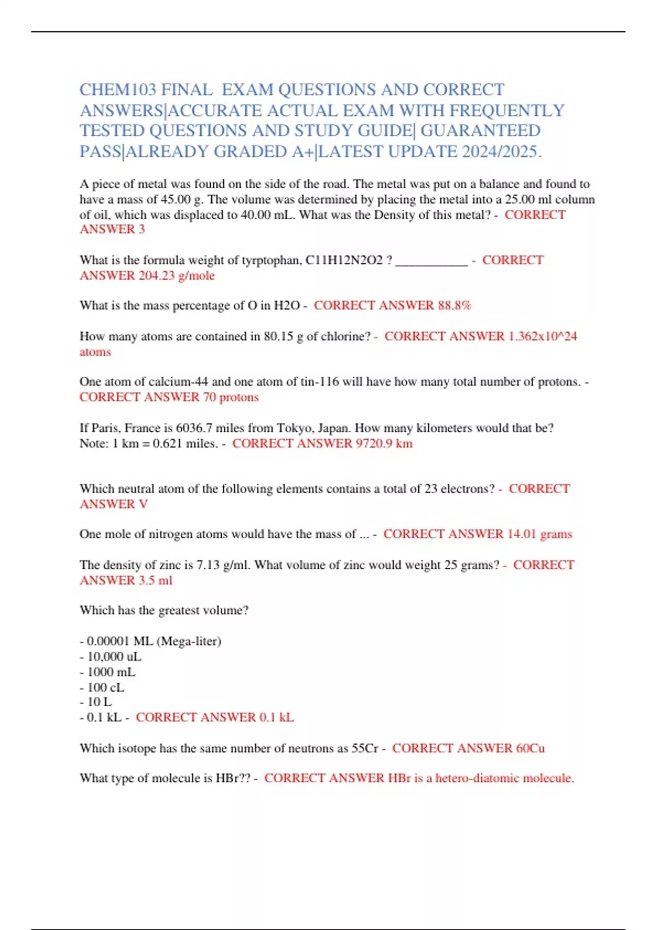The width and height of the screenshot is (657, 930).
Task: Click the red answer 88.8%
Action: coord(454,305)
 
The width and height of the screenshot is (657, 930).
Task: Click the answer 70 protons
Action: coord(230,397)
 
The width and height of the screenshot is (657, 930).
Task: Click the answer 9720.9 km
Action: coord(384,443)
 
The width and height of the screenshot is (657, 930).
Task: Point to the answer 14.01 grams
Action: coord(540,534)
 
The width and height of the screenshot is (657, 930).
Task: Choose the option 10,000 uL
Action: coord(114,656)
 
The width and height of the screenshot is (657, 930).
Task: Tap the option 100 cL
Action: coord(106,687)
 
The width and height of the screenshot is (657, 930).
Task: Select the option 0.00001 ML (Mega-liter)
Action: coord(154,641)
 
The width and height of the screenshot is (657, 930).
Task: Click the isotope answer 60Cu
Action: coord(530,748)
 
